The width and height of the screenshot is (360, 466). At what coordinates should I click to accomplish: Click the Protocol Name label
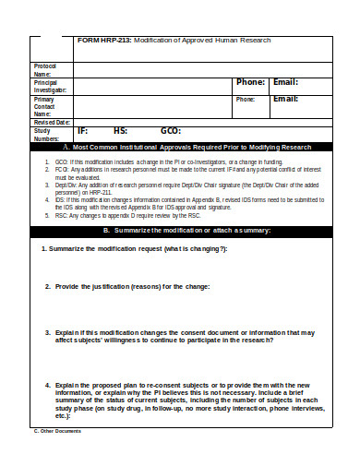click(44, 70)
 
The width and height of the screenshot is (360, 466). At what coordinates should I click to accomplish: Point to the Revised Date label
click(51, 122)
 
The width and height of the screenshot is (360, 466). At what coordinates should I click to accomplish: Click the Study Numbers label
click(47, 134)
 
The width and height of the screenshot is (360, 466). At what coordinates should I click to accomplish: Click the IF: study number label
click(83, 132)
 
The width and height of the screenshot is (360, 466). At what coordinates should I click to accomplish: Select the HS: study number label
click(120, 132)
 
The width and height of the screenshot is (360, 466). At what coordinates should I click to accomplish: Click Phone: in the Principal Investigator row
click(250, 82)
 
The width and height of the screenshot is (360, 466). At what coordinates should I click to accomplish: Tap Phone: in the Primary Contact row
click(246, 99)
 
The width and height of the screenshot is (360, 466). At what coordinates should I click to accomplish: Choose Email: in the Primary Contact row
click(284, 99)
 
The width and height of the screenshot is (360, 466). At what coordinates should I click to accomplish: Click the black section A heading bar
click(179, 147)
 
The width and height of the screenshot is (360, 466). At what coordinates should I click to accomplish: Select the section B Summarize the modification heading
click(179, 230)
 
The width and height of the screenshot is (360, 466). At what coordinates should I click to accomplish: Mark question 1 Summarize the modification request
click(135, 250)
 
